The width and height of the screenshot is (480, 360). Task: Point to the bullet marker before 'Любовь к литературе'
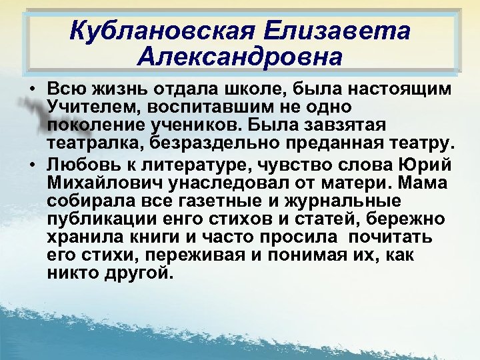[x=32, y=165]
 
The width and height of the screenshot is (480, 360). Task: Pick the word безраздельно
[x=216, y=143]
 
